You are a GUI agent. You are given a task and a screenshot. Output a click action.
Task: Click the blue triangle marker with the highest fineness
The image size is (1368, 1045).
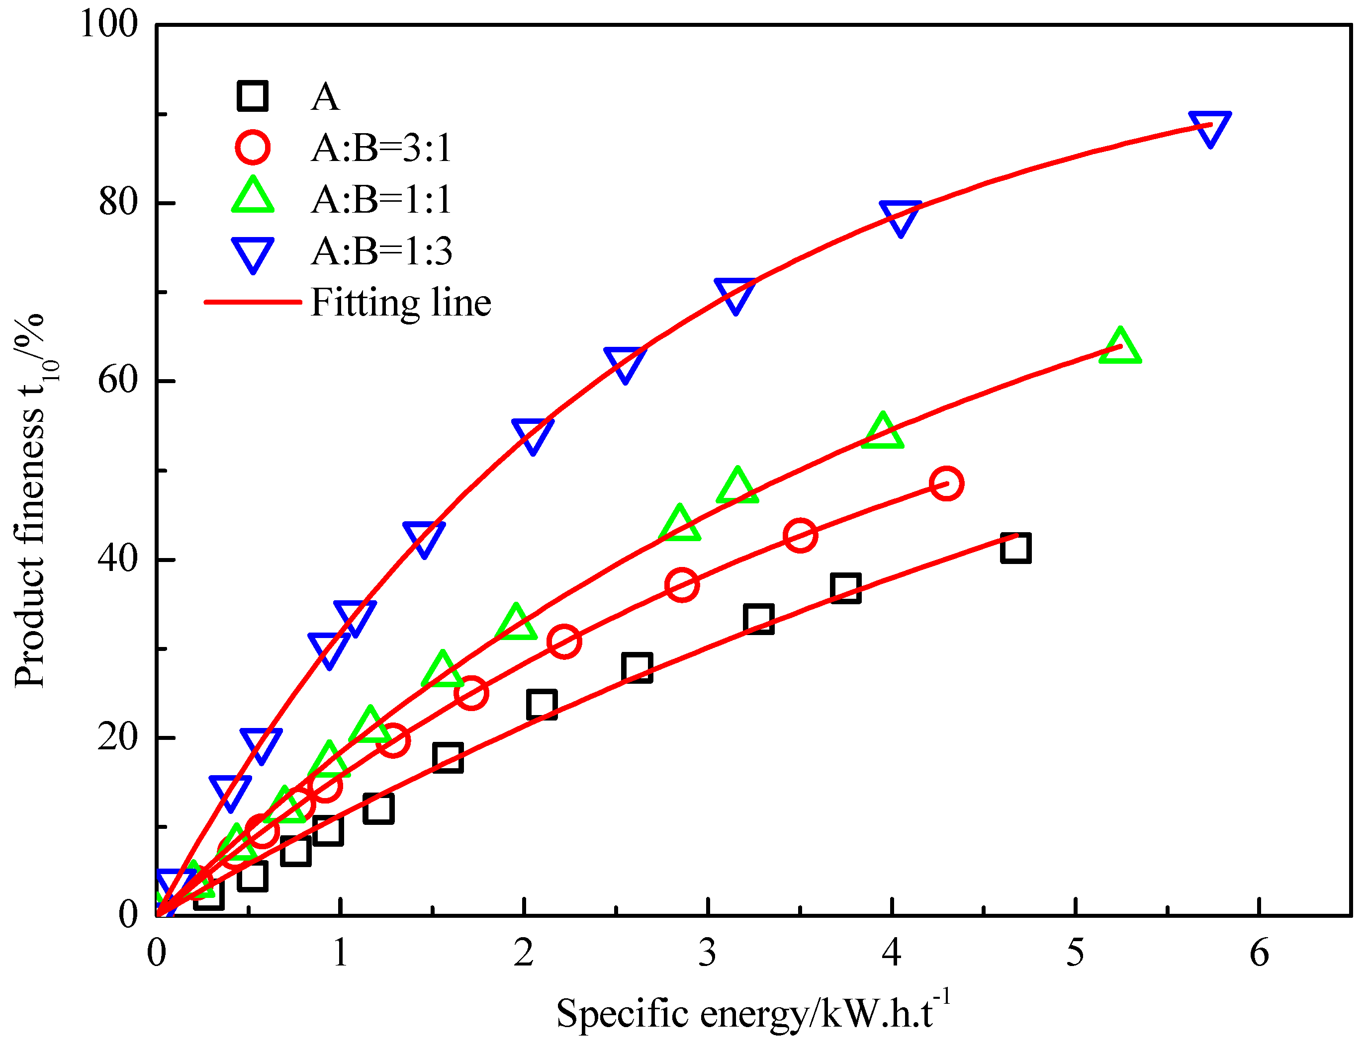(x=1209, y=126)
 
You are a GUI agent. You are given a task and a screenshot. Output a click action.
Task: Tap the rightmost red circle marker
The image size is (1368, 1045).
(x=946, y=483)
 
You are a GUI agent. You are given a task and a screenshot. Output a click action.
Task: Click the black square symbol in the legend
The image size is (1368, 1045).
(x=252, y=96)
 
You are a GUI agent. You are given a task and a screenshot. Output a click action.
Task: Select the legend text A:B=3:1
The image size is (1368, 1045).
(x=381, y=149)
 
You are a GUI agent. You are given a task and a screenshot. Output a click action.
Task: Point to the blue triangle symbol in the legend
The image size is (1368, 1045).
(x=252, y=252)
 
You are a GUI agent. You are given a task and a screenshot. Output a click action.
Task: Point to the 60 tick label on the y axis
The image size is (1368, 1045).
(x=118, y=380)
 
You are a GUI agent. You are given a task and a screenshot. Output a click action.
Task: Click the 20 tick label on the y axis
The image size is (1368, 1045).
(x=118, y=737)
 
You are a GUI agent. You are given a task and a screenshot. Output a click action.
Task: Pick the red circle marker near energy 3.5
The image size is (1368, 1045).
(x=800, y=535)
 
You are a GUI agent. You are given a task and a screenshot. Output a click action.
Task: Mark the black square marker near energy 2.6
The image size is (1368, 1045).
(x=637, y=668)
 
